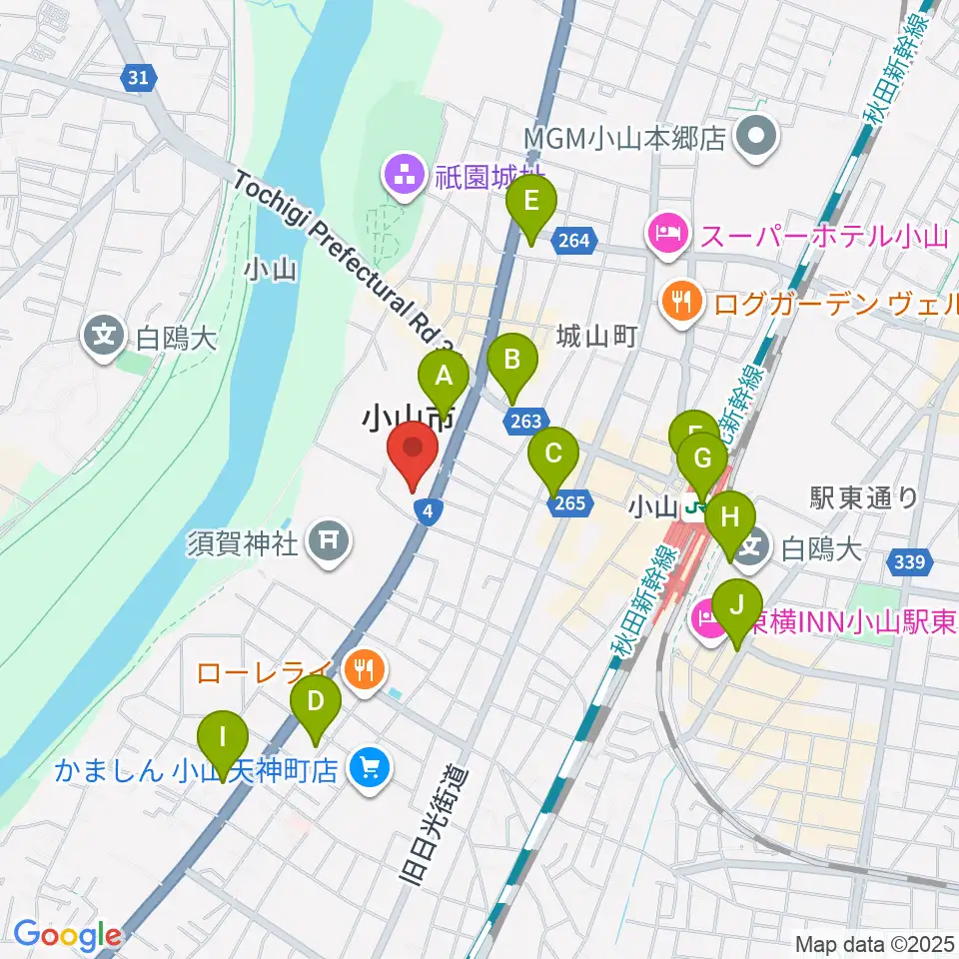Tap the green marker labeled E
point(531,204)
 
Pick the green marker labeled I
point(222,740)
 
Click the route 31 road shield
point(142,76)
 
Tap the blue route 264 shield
point(574,240)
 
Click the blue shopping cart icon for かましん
point(370,768)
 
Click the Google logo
point(67,935)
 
